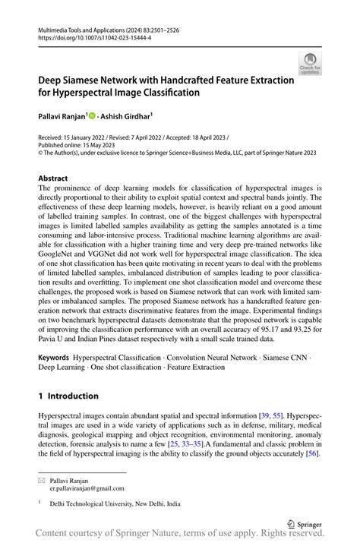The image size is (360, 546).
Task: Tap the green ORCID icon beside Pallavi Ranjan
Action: coord(93,117)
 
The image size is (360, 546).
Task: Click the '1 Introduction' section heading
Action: coord(68,396)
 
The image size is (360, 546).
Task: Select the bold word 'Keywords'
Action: coord(54,356)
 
